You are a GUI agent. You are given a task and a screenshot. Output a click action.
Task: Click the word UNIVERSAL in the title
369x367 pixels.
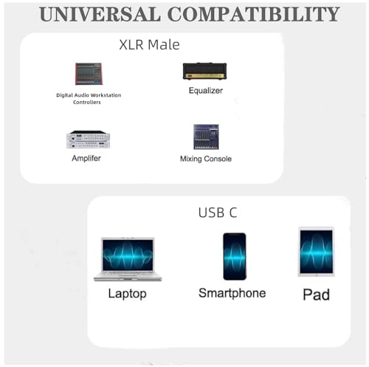pos(100,14)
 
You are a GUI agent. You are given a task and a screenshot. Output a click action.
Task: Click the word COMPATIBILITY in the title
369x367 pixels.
pos(254,14)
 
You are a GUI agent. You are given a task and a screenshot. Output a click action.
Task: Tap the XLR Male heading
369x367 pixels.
pos(149,45)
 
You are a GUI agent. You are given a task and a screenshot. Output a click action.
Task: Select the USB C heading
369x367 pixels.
pos(218,213)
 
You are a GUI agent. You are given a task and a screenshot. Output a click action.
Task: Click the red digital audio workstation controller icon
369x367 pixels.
pos(89,74)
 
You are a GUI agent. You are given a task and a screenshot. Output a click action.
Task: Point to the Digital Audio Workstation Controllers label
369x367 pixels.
pos(89,99)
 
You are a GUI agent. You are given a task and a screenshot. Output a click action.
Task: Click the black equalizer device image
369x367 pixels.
pos(204,71)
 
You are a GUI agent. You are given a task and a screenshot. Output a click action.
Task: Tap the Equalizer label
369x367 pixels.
pos(206,91)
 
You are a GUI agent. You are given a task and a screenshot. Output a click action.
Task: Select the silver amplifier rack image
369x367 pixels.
pos(88,140)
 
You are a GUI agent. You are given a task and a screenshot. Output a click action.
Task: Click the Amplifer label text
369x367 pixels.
pos(86,158)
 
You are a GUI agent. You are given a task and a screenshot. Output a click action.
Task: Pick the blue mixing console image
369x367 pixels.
pos(206,137)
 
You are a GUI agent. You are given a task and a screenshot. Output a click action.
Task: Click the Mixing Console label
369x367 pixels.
pos(206,159)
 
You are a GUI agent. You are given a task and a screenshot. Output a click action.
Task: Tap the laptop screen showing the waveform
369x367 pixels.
pos(128,255)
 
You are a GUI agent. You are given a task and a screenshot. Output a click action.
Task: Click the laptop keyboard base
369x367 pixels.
pos(128,276)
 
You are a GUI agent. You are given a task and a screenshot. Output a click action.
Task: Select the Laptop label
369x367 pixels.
pos(128,294)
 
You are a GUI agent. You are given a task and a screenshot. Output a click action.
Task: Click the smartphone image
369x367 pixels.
pos(235,256)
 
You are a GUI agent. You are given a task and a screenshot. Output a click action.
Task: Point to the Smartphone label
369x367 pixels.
pos(232,293)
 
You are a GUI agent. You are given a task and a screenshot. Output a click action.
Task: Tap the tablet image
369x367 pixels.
pos(316,252)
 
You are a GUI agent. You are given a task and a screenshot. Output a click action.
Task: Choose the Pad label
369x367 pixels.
pos(316,295)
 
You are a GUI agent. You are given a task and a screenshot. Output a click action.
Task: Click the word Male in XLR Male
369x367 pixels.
pos(164,45)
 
